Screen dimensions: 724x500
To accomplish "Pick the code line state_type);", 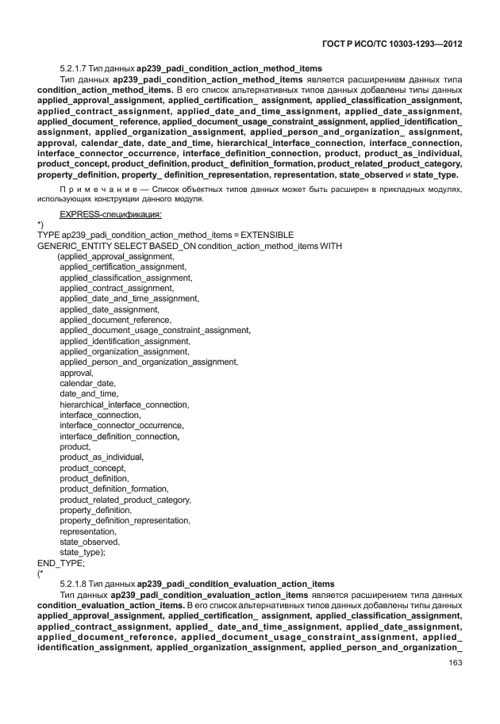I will click(83, 552).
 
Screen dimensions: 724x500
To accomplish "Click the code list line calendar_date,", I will click(87, 383).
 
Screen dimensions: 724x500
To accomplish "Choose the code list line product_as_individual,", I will click(102, 458).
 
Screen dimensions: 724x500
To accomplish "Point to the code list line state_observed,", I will click(90, 542).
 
